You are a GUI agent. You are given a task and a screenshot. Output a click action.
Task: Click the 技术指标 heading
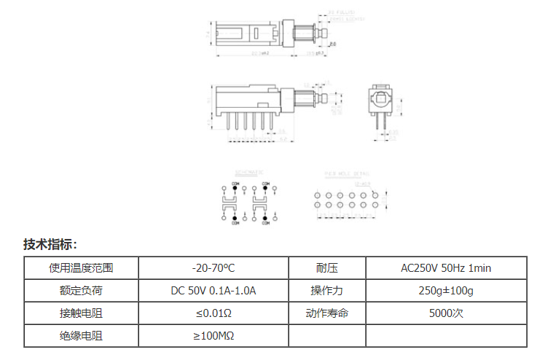50,244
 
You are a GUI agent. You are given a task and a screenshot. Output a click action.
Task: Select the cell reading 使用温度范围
81,268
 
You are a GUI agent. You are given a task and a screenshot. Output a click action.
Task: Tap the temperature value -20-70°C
213,268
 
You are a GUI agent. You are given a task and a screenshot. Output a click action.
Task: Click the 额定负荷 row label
81,291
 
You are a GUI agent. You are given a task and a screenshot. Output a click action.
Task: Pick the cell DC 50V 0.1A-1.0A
213,291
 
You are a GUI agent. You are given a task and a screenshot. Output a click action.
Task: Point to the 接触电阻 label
81,313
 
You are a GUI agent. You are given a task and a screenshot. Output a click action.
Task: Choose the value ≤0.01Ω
213,313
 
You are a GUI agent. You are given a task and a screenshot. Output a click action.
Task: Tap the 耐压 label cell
326,268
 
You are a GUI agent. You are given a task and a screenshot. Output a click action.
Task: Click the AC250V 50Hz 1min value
446,268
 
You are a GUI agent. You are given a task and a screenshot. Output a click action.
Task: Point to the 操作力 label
326,291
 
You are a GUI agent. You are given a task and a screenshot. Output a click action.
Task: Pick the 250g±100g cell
446,291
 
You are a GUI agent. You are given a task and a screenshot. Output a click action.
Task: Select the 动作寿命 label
326,313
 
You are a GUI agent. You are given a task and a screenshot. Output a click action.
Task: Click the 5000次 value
446,313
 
